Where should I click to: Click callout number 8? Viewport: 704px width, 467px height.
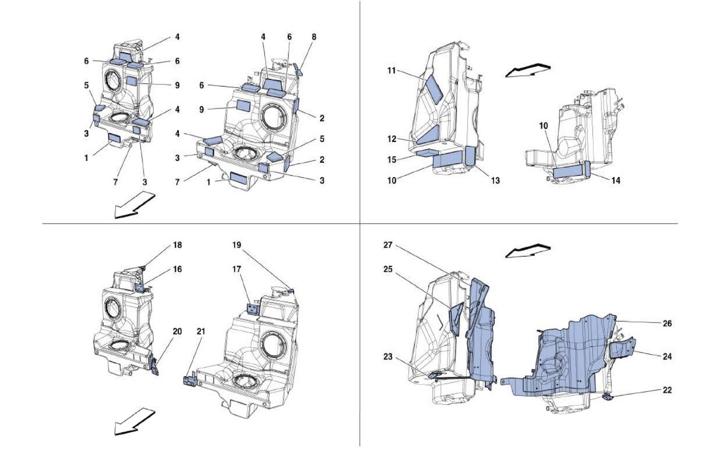(x=314, y=37)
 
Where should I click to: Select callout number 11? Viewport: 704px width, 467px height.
(x=391, y=70)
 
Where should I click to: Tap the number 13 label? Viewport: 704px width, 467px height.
(x=495, y=180)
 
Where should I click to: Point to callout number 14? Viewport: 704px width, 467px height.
(x=615, y=180)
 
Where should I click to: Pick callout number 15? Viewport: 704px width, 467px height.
(x=391, y=160)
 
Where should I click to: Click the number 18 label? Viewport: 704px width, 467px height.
(x=177, y=245)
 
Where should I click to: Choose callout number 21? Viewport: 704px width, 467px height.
(x=201, y=331)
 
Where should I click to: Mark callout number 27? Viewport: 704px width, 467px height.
(x=388, y=245)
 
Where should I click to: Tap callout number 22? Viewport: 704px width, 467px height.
(x=667, y=390)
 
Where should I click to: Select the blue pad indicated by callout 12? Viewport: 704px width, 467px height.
(x=428, y=135)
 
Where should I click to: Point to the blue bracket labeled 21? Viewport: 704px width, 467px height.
(x=190, y=380)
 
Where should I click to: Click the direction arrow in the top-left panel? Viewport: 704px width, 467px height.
(x=134, y=205)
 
